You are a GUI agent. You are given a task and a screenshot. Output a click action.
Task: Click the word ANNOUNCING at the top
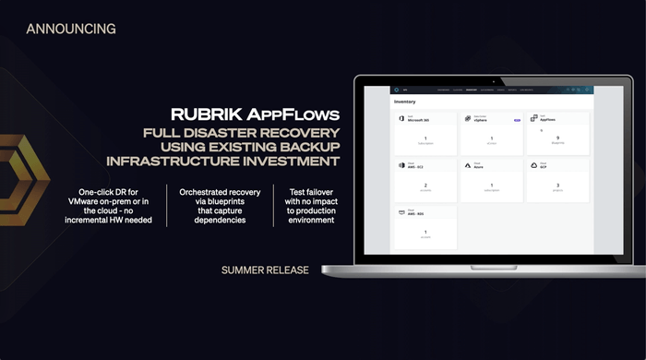(71, 29)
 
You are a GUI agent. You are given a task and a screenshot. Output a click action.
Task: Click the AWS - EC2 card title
(414, 168)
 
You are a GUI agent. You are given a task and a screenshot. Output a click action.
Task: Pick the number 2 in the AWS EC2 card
(425, 186)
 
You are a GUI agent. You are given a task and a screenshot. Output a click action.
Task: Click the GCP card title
(545, 168)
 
